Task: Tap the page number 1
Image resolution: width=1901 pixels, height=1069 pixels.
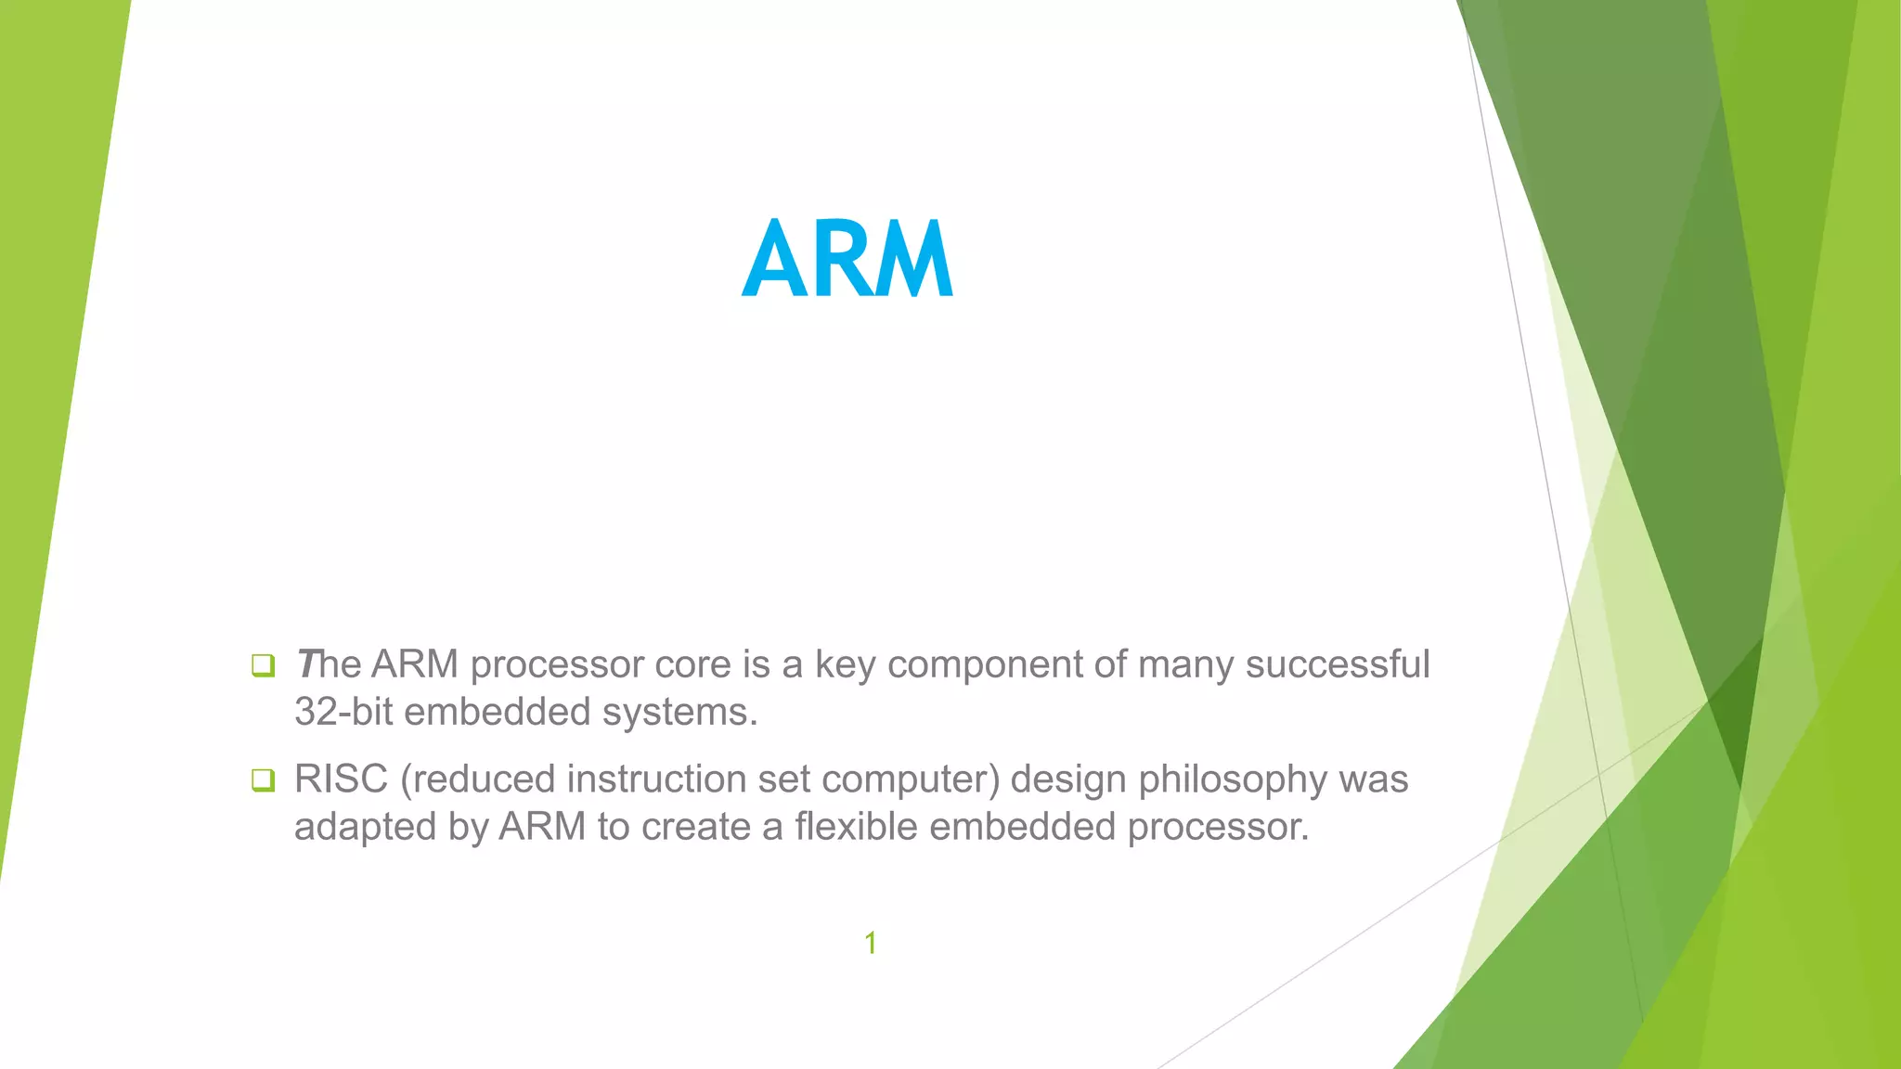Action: click(871, 943)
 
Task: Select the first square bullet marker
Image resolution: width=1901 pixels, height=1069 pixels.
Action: click(263, 665)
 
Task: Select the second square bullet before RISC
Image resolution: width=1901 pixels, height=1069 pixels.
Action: click(263, 780)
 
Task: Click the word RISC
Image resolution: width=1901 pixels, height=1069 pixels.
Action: click(341, 779)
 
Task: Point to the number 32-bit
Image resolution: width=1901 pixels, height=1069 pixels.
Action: click(343, 713)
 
